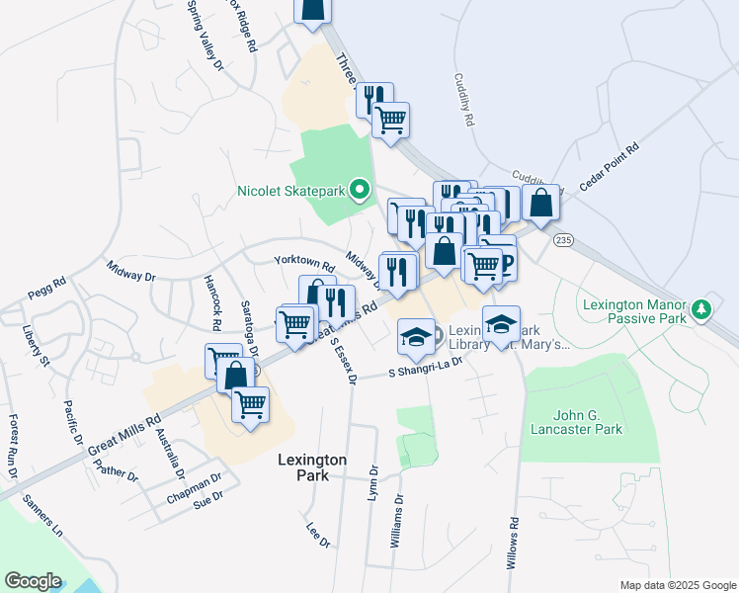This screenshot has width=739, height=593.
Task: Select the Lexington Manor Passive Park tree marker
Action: pyautogui.click(x=701, y=310)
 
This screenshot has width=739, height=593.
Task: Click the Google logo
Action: pyautogui.click(x=33, y=581)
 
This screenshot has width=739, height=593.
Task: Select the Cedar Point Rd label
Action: pyautogui.click(x=610, y=165)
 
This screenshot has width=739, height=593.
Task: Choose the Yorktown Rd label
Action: pyautogui.click(x=304, y=263)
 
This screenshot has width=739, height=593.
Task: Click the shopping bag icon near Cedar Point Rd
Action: pyautogui.click(x=541, y=203)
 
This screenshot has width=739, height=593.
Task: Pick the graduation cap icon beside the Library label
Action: pyautogui.click(x=416, y=336)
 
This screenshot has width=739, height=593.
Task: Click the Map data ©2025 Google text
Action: pyautogui.click(x=677, y=585)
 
